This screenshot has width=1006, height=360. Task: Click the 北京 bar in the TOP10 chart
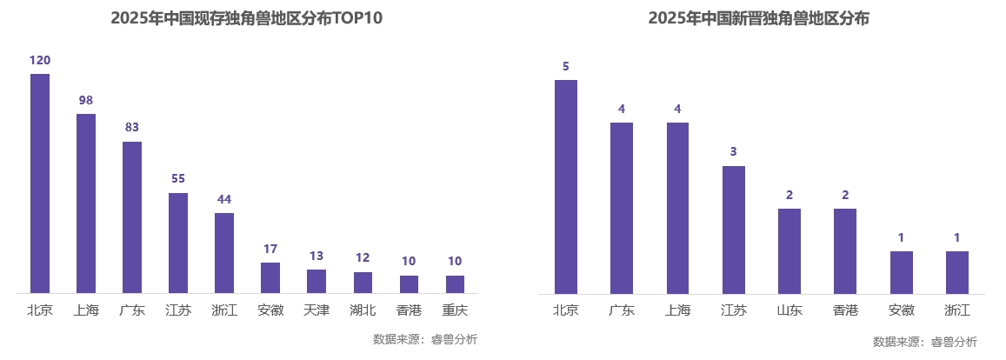pyautogui.click(x=40, y=183)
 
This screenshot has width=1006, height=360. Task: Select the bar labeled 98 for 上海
pyautogui.click(x=86, y=203)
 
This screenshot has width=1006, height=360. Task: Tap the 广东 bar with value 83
pyautogui.click(x=132, y=217)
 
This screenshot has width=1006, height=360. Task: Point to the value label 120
pyautogui.click(x=40, y=60)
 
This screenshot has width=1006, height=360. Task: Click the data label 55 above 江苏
pyautogui.click(x=178, y=178)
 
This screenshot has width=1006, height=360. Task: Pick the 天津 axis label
pyautogui.click(x=316, y=310)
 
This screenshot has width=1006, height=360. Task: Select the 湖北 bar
pyautogui.click(x=363, y=283)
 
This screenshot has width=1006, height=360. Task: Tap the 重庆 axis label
pyautogui.click(x=455, y=310)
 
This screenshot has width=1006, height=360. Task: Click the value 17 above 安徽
pyautogui.click(x=270, y=249)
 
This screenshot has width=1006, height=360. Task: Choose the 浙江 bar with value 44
pyautogui.click(x=224, y=253)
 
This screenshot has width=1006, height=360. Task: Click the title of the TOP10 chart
pyautogui.click(x=247, y=18)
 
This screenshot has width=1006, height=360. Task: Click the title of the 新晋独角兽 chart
pyautogui.click(x=758, y=18)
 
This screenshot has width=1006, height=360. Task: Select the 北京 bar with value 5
pyautogui.click(x=566, y=187)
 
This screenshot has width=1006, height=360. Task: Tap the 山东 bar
pyautogui.click(x=789, y=251)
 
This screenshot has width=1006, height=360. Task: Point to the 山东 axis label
pyautogui.click(x=789, y=310)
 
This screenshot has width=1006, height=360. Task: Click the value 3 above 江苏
pyautogui.click(x=734, y=151)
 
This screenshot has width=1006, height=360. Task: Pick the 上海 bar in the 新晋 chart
pyautogui.click(x=678, y=208)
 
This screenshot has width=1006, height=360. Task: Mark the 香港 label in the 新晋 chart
pyautogui.click(x=845, y=310)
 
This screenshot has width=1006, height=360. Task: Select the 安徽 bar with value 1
pyautogui.click(x=902, y=272)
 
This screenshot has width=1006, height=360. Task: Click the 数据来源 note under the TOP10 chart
pyautogui.click(x=424, y=339)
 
